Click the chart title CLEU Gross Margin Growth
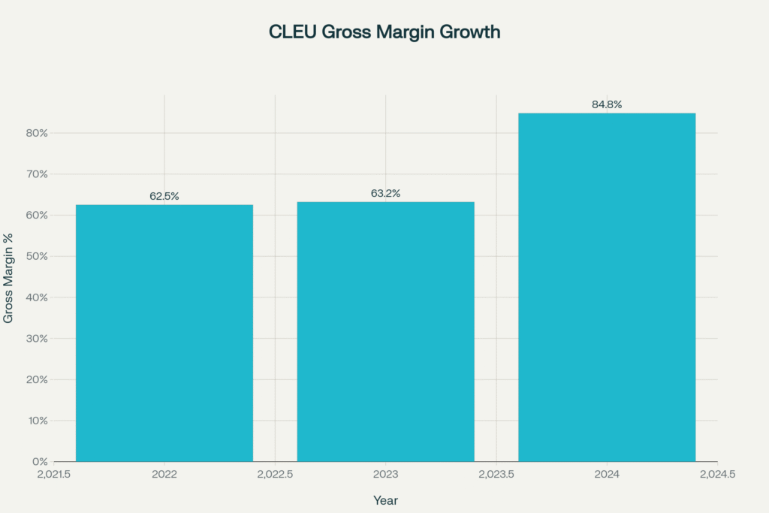[x=384, y=32]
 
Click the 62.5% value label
[x=164, y=196]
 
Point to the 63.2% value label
[x=385, y=193]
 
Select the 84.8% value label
[x=607, y=104]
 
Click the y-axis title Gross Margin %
[x=9, y=278]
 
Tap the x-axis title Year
[x=385, y=500]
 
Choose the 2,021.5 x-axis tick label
[x=54, y=475]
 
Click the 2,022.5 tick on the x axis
[x=275, y=475]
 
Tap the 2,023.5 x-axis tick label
[x=496, y=475]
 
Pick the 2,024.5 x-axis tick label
[x=717, y=475]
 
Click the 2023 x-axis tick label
[x=385, y=475]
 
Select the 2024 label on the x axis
[x=607, y=475]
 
